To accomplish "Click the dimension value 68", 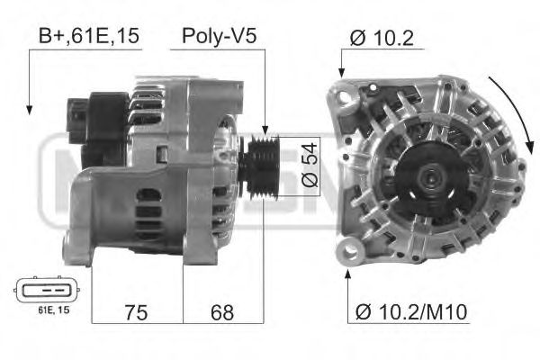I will [222, 312].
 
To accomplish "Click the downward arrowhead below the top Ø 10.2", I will [341, 72].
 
